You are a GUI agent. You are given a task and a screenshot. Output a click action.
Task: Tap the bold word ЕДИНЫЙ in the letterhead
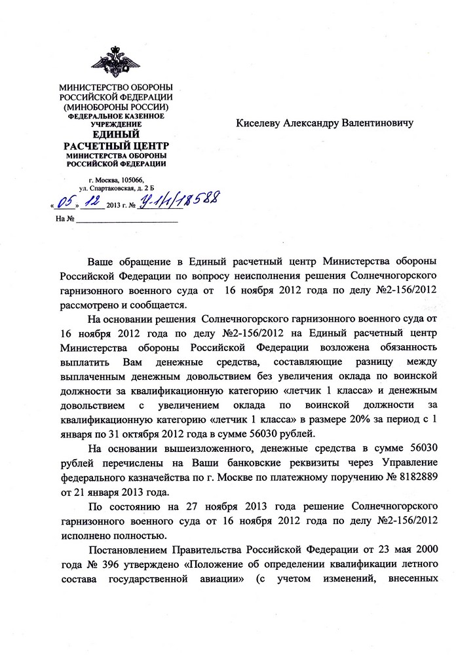pos(115,134)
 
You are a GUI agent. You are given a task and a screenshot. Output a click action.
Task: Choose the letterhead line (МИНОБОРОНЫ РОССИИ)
pos(115,107)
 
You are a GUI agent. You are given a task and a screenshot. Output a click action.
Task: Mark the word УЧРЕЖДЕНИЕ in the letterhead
pos(115,124)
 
